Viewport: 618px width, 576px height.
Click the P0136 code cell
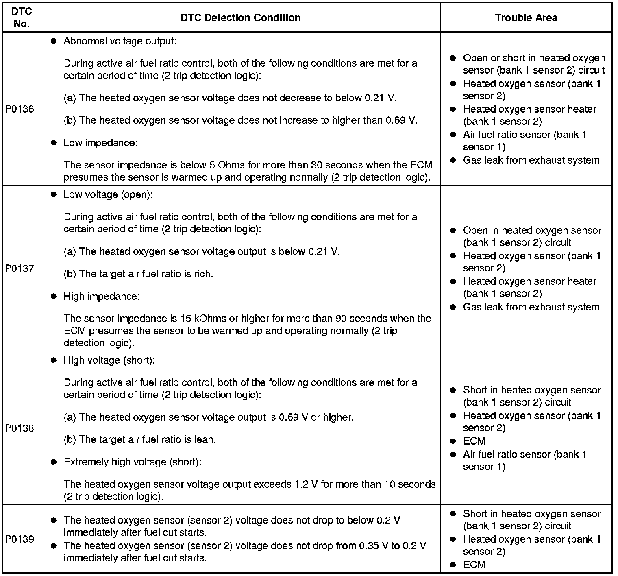click(20, 109)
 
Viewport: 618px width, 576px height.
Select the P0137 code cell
click(20, 268)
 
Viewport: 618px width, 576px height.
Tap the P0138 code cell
click(20, 428)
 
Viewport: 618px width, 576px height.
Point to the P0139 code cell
click(20, 539)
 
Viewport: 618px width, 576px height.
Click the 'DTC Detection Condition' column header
click(241, 17)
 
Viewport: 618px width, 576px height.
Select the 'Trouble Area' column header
click(526, 17)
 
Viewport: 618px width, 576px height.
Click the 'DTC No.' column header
click(22, 17)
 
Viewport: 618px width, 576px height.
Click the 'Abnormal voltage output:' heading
click(120, 41)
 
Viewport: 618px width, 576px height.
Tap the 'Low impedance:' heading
click(100, 143)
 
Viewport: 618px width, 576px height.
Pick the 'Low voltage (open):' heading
click(108, 194)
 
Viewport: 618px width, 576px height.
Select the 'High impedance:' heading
click(102, 296)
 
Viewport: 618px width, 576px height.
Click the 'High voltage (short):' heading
click(109, 360)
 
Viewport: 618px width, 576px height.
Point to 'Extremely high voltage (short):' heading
click(133, 462)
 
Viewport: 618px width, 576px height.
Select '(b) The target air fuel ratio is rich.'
click(138, 274)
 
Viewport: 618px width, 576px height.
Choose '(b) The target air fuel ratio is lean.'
click(139, 440)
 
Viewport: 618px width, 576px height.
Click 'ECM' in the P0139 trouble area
click(474, 565)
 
